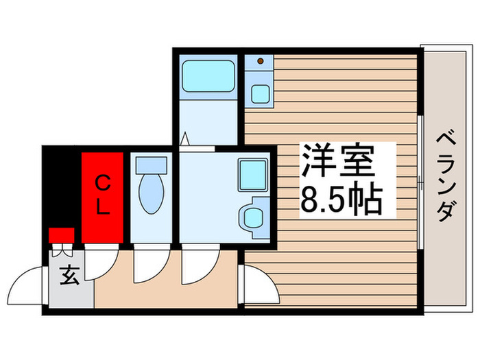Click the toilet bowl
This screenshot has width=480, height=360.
[151, 195]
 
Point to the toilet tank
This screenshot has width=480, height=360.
[151, 165]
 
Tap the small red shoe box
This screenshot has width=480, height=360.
[61, 235]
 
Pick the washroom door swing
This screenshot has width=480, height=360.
[195, 266]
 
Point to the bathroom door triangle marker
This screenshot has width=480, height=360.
[184, 139]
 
